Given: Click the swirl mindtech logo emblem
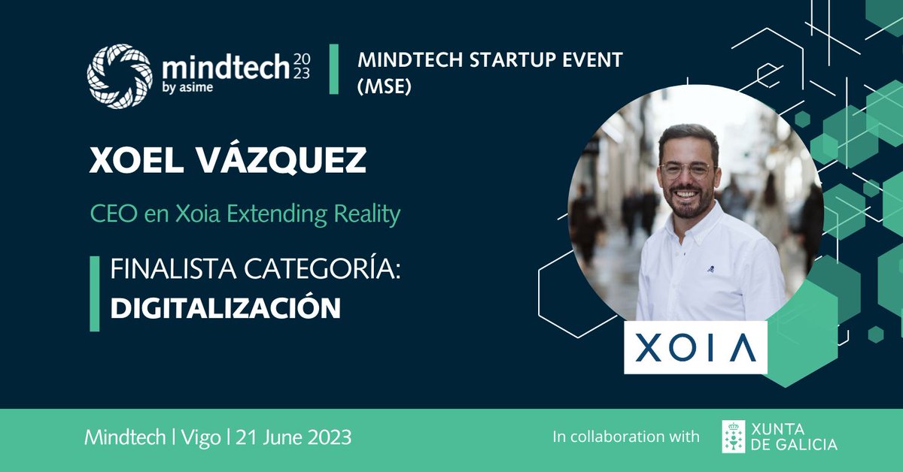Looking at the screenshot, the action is (x=120, y=77).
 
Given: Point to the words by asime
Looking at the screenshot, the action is (x=187, y=87).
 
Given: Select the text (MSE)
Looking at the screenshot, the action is (x=385, y=86).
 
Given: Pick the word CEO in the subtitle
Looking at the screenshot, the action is (x=114, y=213).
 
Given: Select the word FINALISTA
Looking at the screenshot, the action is (x=173, y=269).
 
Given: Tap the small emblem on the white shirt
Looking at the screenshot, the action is (x=711, y=268).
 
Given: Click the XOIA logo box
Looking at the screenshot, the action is (x=695, y=347).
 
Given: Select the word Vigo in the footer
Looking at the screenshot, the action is (x=201, y=437).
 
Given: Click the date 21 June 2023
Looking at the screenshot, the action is (x=293, y=437).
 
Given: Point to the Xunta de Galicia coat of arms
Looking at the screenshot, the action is (x=733, y=437).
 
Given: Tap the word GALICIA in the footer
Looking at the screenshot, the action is (x=806, y=445).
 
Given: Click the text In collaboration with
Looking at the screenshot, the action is (x=626, y=437).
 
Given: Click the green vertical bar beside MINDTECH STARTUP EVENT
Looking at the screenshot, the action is (x=334, y=69).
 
